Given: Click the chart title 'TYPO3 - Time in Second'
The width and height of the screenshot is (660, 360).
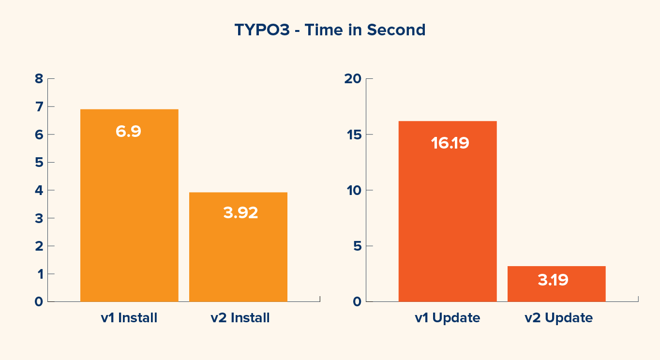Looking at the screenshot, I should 330,30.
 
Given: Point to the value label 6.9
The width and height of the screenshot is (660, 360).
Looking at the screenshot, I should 128,132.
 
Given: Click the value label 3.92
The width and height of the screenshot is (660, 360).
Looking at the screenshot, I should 240,213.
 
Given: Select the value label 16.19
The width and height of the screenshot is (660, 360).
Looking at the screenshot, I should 450,143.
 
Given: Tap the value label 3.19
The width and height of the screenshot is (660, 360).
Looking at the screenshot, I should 553,280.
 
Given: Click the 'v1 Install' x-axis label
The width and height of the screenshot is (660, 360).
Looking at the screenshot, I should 129,318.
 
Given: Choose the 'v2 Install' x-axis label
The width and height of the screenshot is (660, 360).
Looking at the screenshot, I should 240,318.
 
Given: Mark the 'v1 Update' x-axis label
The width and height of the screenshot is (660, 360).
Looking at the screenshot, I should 448,318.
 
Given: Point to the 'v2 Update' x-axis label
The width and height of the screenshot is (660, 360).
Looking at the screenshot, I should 558,318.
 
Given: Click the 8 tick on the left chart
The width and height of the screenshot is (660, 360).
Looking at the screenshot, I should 39,79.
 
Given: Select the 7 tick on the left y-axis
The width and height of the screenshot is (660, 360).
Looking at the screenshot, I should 39,106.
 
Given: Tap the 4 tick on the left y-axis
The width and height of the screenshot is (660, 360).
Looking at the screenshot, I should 39,190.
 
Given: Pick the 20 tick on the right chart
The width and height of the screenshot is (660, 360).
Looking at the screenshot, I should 352,79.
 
